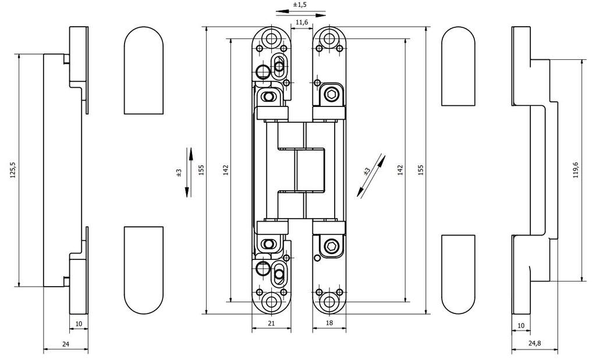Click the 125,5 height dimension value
(x=13, y=170)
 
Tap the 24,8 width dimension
(x=534, y=344)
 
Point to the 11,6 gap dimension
(x=301, y=22)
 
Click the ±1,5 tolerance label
(x=300, y=5)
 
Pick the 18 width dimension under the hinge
(x=329, y=322)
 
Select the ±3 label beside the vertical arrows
(x=179, y=173)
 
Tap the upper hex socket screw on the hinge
(x=331, y=95)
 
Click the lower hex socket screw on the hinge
(x=331, y=248)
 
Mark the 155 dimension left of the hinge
(x=201, y=169)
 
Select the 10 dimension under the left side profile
(x=79, y=324)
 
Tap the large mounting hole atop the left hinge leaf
(x=270, y=39)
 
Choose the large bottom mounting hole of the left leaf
(x=270, y=301)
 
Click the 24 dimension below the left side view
(x=65, y=344)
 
